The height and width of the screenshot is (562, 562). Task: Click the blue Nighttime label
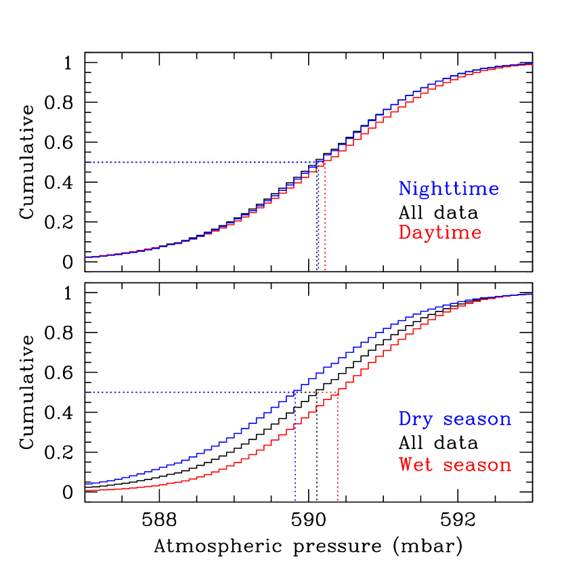[448, 189]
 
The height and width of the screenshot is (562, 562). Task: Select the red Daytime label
[440, 233]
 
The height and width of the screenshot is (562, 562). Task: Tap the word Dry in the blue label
[416, 419]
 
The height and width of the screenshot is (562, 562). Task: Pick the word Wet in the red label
[416, 465]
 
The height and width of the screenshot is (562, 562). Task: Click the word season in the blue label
[477, 419]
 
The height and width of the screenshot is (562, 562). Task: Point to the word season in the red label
[477, 465]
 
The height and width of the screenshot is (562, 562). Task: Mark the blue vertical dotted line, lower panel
[295, 454]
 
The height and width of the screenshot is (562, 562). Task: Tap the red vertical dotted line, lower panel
[338, 454]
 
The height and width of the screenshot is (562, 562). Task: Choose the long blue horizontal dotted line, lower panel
[190, 393]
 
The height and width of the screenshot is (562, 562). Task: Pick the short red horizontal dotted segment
[318, 393]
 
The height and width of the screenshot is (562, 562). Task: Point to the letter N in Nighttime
[405, 188]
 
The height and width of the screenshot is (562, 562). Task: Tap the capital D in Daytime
[405, 232]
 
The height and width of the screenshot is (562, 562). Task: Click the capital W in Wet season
[405, 465]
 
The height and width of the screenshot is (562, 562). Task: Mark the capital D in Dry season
[405, 419]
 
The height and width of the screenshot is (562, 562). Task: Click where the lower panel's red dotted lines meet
[338, 393]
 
